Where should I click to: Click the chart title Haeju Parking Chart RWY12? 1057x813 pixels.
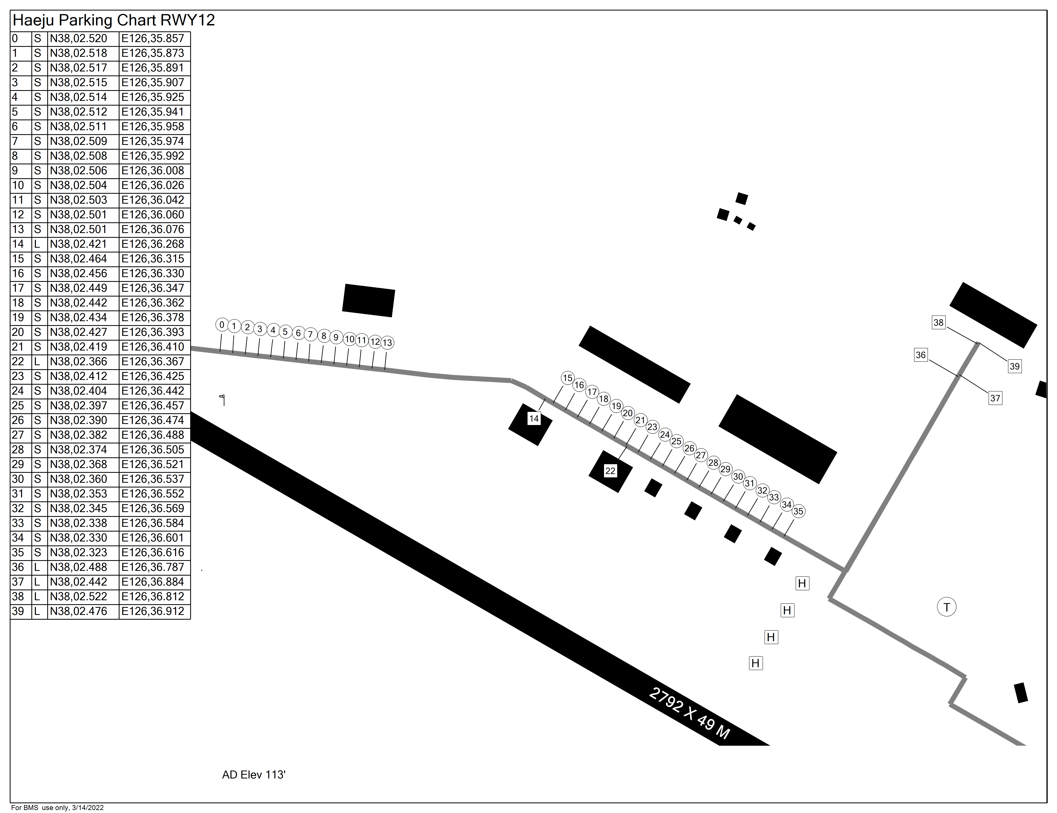114,20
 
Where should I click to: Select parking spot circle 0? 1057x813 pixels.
222,325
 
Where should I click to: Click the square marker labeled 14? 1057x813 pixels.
534,419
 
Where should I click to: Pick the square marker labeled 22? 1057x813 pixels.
610,471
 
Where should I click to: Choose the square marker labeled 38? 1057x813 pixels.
938,323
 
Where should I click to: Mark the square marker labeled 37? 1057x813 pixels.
995,398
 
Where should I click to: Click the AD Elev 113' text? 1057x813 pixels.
254,775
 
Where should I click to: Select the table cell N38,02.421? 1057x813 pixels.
78,244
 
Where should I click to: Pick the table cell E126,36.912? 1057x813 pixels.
153,611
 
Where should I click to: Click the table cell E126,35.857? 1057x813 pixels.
153,38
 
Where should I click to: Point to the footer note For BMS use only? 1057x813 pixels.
57,808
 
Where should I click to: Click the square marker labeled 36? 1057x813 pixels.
921,355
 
